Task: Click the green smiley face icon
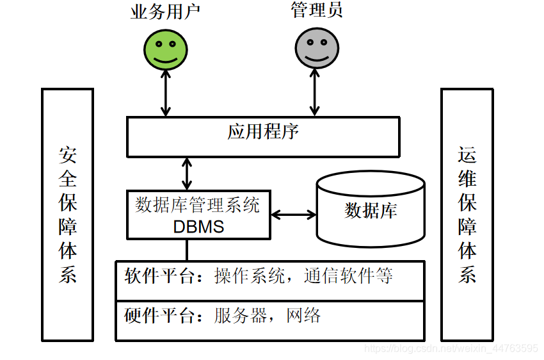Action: pos(165,49)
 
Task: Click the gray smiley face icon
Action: pos(316,49)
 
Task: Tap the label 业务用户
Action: pos(165,12)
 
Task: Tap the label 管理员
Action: pos(316,11)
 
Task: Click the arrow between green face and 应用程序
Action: pos(166,93)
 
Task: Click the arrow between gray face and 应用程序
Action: pos(314,93)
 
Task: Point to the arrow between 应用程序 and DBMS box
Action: pos(187,174)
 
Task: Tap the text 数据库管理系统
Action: pos(198,206)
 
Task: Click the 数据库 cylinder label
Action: pos(371,211)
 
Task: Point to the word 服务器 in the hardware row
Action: pos(239,316)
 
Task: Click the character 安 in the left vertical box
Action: pos(68,156)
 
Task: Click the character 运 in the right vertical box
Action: pos(467,156)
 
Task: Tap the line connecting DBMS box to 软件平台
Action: pos(187,249)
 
